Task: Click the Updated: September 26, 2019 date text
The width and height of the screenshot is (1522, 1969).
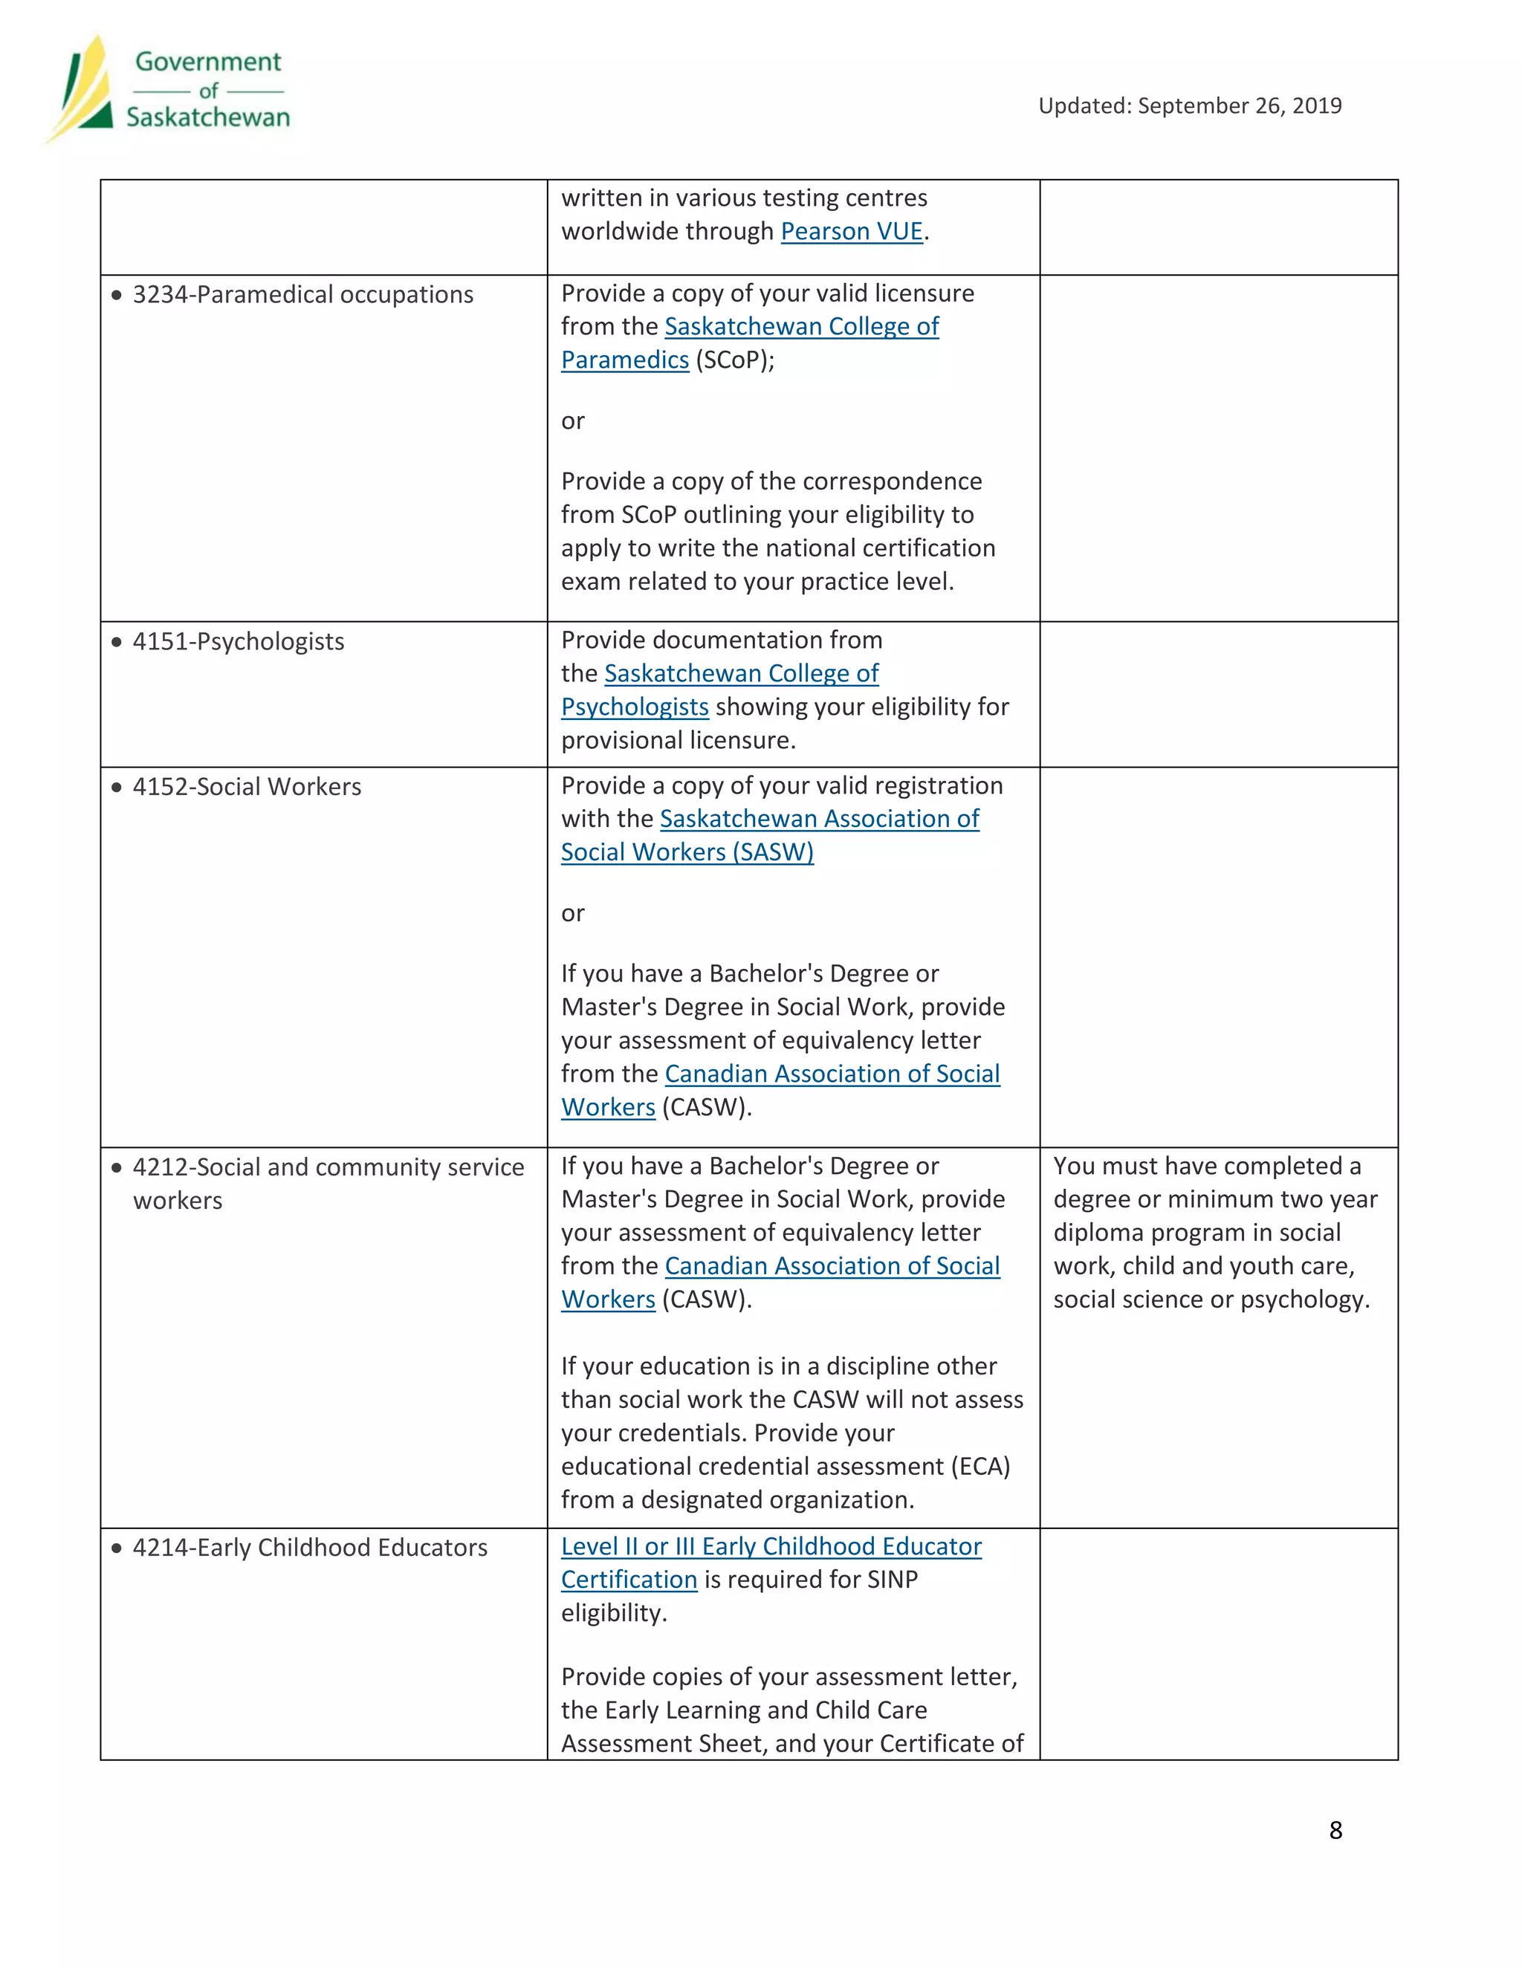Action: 1189,106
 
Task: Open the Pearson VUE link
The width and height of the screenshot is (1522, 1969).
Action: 851,232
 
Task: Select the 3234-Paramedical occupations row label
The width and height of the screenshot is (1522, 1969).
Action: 302,295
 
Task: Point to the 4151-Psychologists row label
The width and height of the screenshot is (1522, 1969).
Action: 238,642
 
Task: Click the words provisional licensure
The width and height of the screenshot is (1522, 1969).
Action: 678,741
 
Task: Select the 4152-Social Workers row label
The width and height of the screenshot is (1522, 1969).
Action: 246,787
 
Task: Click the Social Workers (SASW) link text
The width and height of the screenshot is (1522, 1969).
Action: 687,853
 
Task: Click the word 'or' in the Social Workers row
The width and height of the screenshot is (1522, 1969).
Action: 572,914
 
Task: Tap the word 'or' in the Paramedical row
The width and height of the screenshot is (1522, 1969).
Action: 572,422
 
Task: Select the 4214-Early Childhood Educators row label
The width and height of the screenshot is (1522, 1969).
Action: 309,1548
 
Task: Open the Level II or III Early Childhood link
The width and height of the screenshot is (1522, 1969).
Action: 771,1547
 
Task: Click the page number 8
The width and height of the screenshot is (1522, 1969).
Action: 1335,1831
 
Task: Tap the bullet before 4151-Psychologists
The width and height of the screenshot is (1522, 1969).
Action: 117,642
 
